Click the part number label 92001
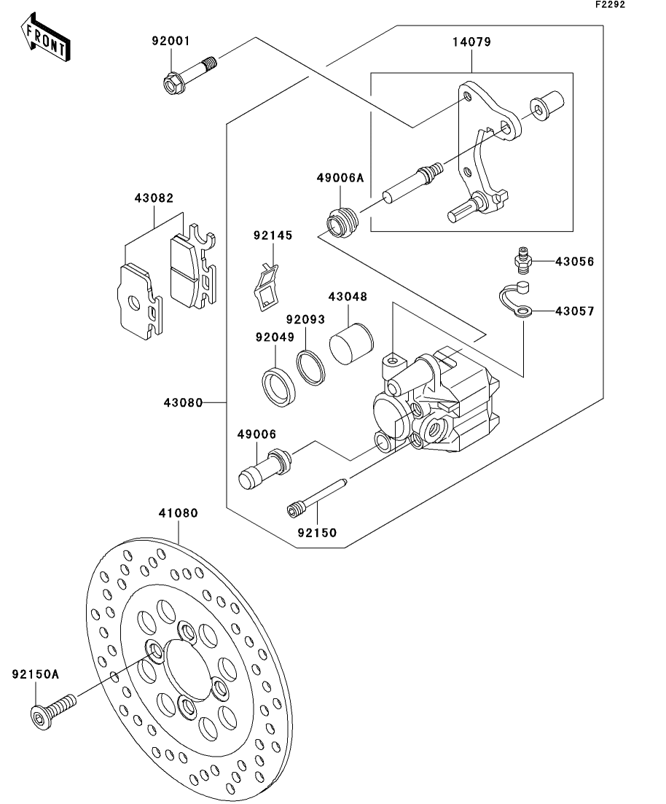point(171,41)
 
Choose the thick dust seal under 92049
point(279,386)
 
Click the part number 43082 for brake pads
point(154,198)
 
